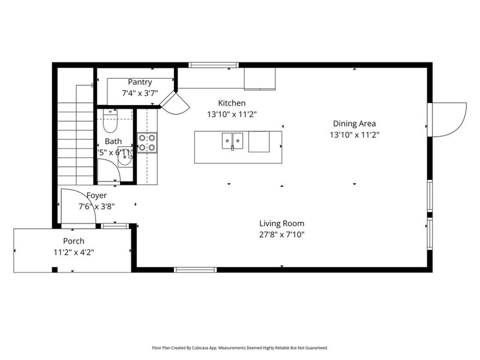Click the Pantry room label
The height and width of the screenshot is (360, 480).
point(139,82)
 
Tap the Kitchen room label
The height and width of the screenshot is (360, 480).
point(232,103)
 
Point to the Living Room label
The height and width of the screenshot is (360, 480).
point(281,224)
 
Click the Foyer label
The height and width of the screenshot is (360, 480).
point(97,196)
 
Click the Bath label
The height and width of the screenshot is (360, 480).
point(113,142)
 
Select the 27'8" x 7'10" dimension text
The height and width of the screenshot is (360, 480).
point(281,235)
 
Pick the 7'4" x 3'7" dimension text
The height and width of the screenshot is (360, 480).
point(139,93)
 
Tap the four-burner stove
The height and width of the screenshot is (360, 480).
point(147,142)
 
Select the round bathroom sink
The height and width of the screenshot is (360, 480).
point(125,159)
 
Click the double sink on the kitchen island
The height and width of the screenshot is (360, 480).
point(232,142)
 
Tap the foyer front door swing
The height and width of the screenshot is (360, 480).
point(77,207)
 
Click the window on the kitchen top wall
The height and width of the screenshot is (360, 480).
point(213,65)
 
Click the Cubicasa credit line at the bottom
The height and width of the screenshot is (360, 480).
point(240,347)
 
